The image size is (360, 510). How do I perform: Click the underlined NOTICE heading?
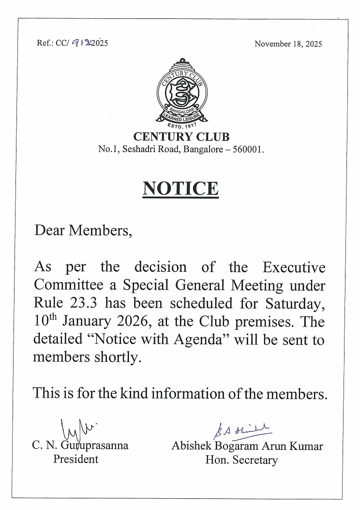180,188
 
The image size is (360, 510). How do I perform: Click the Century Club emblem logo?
181,92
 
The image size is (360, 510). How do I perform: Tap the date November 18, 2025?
288,44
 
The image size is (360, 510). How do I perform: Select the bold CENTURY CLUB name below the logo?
181,137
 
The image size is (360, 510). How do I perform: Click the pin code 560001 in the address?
248,150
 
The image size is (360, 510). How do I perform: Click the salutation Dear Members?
83,230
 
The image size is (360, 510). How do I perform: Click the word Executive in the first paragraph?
294,267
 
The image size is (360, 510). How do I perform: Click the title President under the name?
75,459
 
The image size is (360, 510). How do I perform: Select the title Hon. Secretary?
241,459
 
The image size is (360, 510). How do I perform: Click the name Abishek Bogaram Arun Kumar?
247,446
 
